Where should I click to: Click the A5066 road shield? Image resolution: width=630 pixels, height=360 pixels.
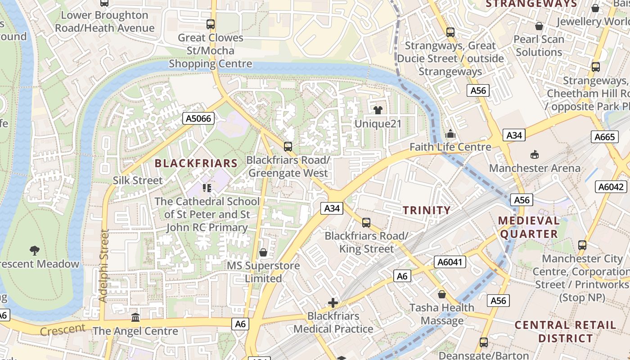198,119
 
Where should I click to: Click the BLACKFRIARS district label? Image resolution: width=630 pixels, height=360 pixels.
196,163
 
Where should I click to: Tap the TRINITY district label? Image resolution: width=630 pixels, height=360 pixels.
426,210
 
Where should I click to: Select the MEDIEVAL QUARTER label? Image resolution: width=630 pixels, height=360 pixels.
529,227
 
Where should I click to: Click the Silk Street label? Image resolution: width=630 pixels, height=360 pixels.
138,180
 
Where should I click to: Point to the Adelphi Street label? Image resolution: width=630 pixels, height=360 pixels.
104,265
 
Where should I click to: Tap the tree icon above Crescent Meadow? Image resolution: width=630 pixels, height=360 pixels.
34,250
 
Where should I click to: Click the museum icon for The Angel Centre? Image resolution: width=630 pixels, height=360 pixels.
135,318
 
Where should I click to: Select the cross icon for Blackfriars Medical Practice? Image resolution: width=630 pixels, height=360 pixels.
333,303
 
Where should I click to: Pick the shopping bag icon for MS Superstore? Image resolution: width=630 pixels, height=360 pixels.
263,252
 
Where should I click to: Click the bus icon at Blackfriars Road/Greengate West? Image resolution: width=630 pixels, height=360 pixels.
288,146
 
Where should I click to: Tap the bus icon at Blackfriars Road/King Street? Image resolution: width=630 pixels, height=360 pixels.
366,222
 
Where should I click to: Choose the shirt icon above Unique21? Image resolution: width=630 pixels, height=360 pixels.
378,110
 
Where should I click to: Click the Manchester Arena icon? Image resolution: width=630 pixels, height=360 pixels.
534,155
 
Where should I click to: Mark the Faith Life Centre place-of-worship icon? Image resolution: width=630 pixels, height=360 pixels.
450,134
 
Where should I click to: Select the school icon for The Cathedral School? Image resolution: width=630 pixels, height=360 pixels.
207,188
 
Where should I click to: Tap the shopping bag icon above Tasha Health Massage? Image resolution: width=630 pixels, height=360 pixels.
442,294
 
